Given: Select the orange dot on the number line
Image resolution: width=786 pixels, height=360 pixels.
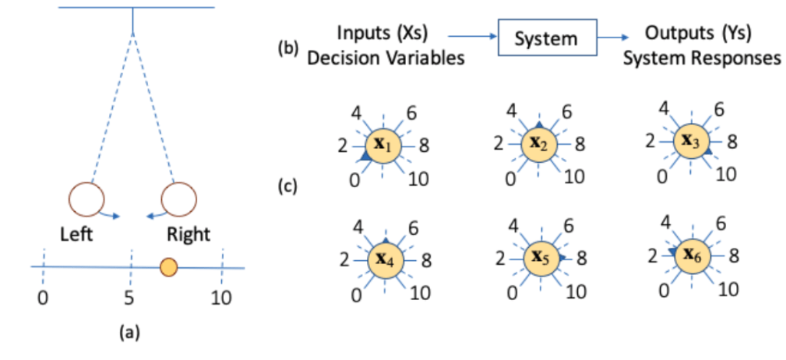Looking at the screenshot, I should tap(169, 267).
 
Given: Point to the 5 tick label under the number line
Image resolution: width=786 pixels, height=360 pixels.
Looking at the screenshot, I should tap(131, 297).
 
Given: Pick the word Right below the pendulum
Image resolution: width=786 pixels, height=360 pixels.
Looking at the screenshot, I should tap(189, 233).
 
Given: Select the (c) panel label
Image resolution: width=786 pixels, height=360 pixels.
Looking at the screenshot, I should tap(288, 186).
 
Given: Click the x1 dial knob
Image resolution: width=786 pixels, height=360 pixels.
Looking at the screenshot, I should tap(381, 144).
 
